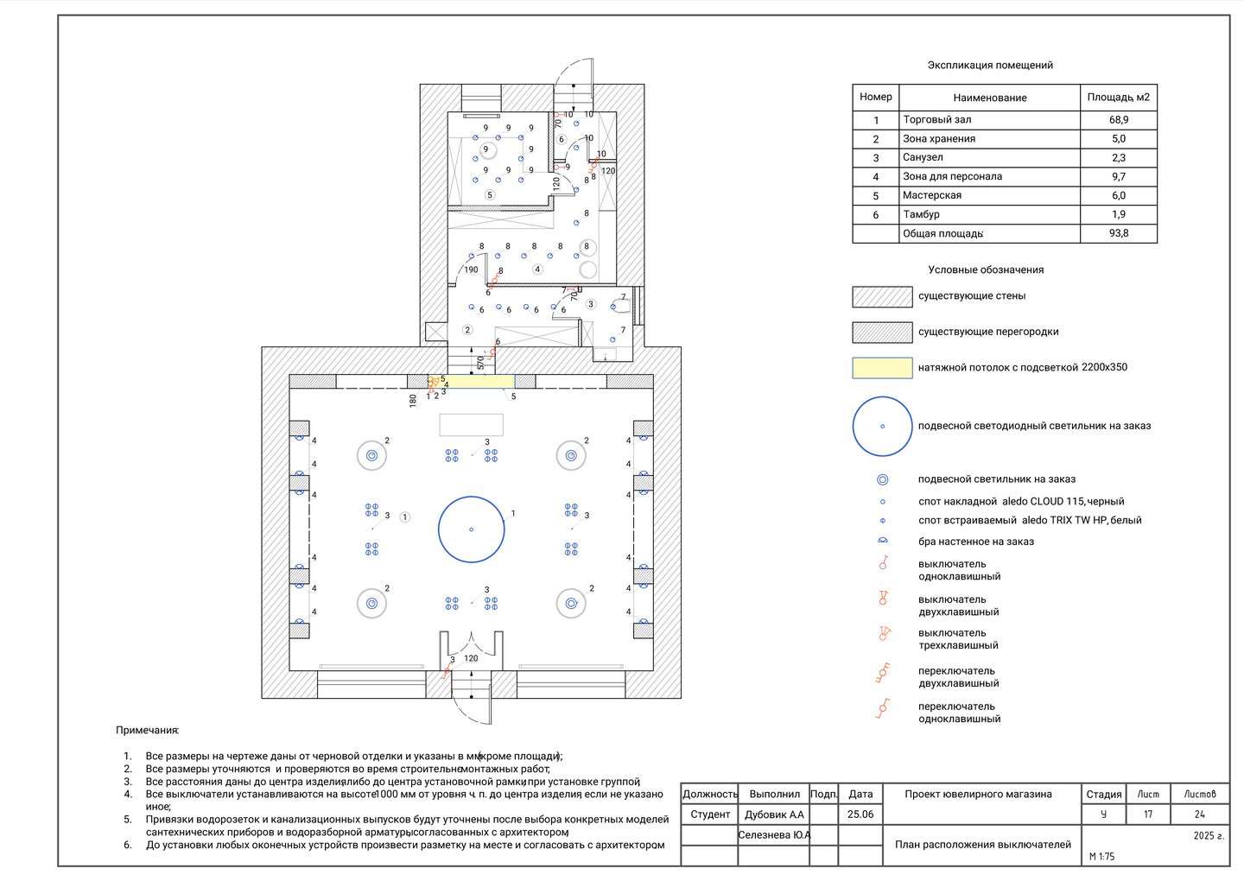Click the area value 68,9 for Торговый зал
coord(1119,120)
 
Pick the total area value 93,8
coord(1119,233)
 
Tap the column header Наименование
coord(990,98)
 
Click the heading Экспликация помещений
coord(990,65)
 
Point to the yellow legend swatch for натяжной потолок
coord(882,367)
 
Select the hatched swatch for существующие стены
coord(882,296)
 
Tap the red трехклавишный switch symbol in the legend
coord(884,633)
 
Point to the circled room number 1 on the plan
coord(405,517)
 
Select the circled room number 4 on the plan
coord(537,269)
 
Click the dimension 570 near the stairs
coord(480,363)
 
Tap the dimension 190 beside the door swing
coord(471,269)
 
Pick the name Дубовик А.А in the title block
coord(774,814)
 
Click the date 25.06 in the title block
coord(860,814)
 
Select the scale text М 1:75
coord(1101,856)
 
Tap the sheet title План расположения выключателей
coord(982,845)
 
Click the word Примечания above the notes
coord(147,730)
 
